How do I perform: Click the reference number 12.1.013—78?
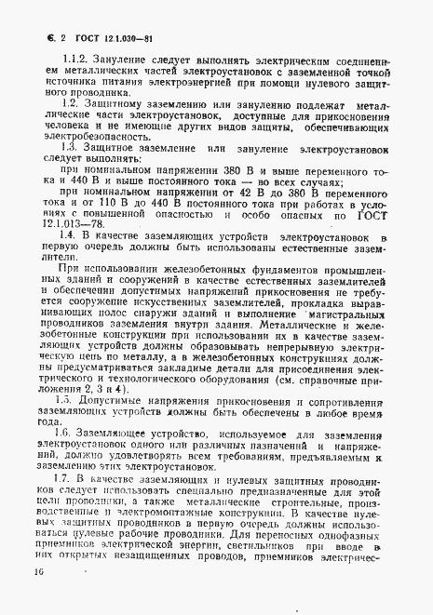(61, 223)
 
